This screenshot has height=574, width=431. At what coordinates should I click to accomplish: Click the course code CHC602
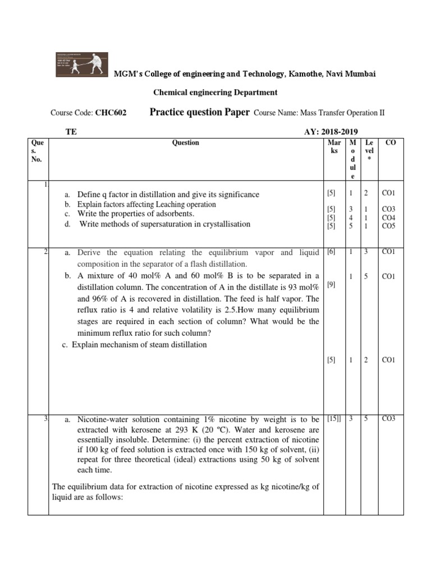coord(111,113)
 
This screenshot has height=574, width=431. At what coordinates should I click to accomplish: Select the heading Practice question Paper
coord(199,112)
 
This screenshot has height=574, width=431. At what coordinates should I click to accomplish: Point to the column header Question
coord(186,143)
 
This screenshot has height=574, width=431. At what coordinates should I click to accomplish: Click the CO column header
coord(391,143)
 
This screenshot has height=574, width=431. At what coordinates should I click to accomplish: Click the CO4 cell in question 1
coord(388,217)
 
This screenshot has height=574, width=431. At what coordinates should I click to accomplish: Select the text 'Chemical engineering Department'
coord(215,92)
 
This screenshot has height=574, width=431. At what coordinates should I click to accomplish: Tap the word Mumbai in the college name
coord(360,74)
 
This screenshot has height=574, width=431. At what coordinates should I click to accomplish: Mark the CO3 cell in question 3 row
coord(388,418)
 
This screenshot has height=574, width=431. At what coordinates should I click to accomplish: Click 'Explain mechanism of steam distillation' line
coord(139,344)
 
